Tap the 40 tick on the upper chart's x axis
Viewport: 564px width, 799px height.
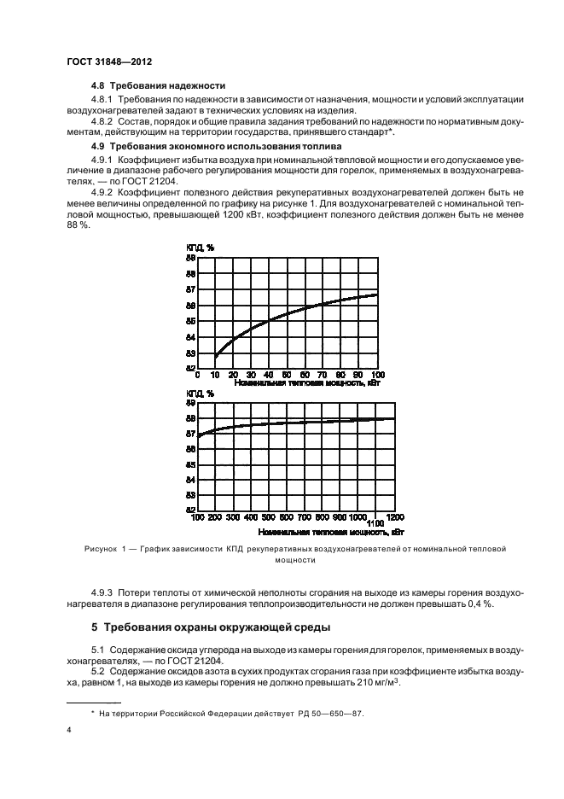269,375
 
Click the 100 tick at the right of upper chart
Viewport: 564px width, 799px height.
378,375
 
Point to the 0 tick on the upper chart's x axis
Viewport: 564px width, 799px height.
197,375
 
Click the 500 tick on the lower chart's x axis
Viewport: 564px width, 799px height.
269,517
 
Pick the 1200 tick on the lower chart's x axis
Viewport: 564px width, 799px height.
395,517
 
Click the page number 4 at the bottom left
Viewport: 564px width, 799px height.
68,731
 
